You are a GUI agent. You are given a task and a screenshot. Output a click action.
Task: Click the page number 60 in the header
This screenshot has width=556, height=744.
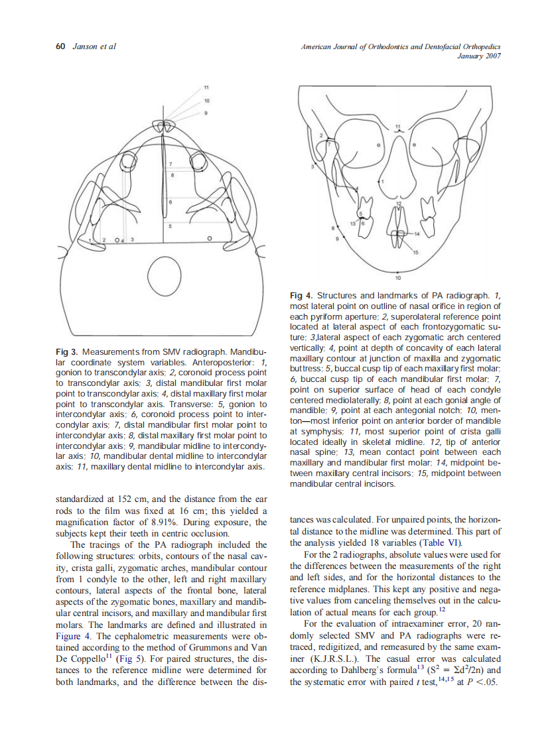pos(59,46)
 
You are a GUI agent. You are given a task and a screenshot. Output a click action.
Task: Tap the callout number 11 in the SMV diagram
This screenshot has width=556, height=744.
pos(206,88)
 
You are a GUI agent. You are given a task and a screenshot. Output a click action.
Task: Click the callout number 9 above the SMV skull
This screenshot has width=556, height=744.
pos(206,113)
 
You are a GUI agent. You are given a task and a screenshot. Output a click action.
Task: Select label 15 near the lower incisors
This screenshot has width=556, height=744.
pos(416,253)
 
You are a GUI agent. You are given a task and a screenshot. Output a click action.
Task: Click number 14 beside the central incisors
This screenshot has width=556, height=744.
pos(417,233)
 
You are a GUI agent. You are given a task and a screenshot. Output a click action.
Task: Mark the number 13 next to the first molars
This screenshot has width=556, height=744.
pos(354,226)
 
